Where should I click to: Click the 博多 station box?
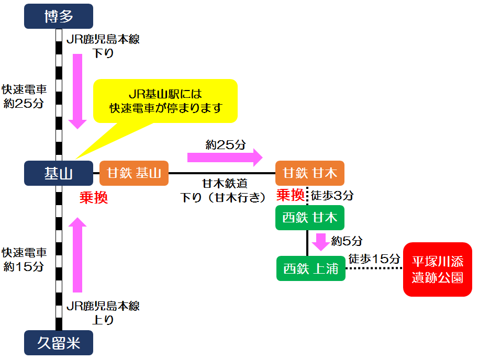point(59,16)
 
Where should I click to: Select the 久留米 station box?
point(59,344)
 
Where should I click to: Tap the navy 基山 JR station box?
point(59,173)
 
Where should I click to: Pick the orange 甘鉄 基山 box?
point(134,173)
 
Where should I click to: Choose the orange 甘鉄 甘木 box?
point(310,173)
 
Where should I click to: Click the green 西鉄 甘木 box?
point(310,218)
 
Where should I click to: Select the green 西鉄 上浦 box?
point(311,268)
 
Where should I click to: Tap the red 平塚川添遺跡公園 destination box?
point(437,269)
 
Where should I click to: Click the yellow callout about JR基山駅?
point(165,100)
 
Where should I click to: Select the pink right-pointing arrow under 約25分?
point(225,156)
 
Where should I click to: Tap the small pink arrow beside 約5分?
point(320,242)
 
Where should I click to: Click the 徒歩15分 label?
point(374,258)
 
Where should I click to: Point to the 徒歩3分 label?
point(332,196)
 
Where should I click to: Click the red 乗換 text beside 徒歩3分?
point(291,196)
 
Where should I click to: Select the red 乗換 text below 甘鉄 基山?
point(94,198)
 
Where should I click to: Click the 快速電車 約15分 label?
point(24,260)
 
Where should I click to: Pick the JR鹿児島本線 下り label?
point(103,46)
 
